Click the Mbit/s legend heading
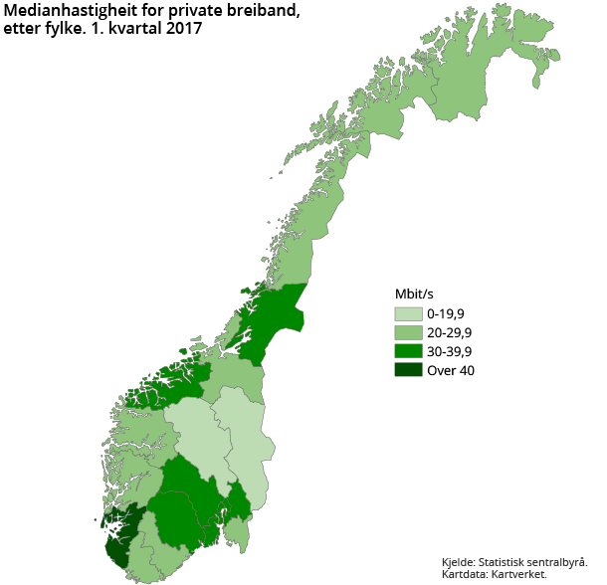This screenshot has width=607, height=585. point(413,294)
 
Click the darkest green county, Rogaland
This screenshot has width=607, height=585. point(119,537)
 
